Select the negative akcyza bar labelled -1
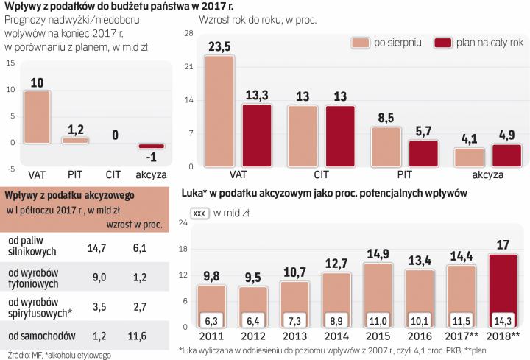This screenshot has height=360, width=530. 151,146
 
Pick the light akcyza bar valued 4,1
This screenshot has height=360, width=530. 469,158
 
